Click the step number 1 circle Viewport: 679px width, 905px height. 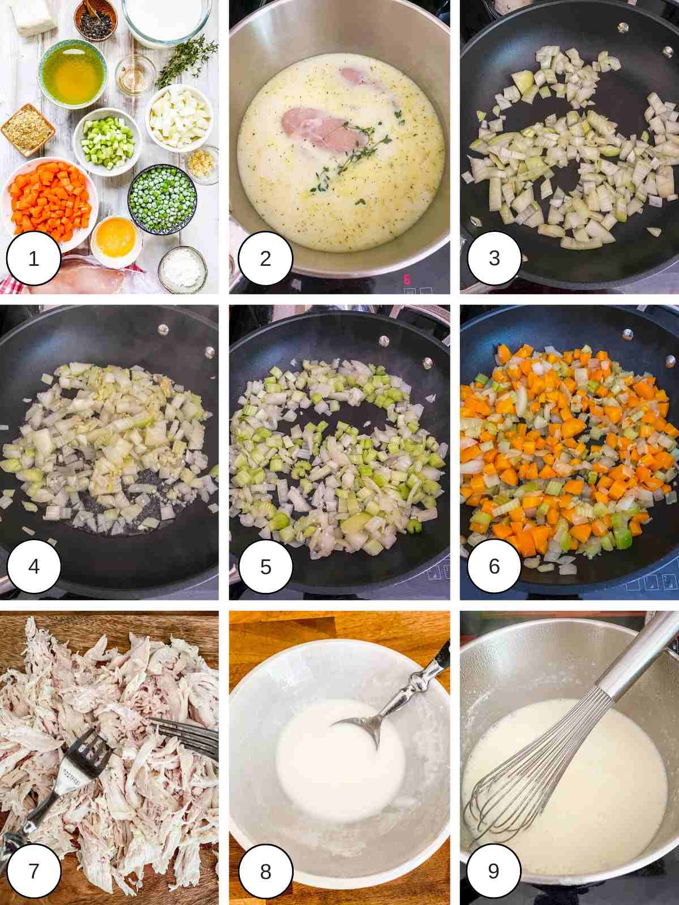coord(33,259)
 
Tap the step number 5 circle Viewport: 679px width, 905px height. coord(265,566)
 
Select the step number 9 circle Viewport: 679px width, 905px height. coord(493,871)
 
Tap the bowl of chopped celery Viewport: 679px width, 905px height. coord(108,133)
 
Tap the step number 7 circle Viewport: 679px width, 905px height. coord(33,871)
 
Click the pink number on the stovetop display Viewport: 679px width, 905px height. coord(406,279)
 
